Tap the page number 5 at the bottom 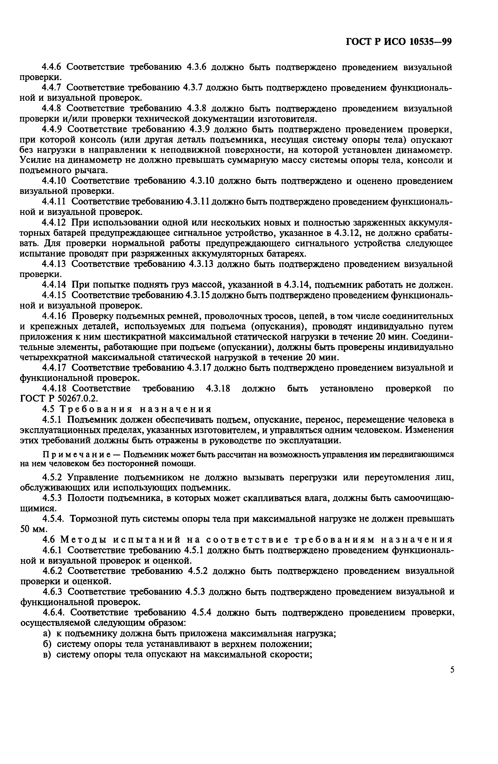tap(452, 670)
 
